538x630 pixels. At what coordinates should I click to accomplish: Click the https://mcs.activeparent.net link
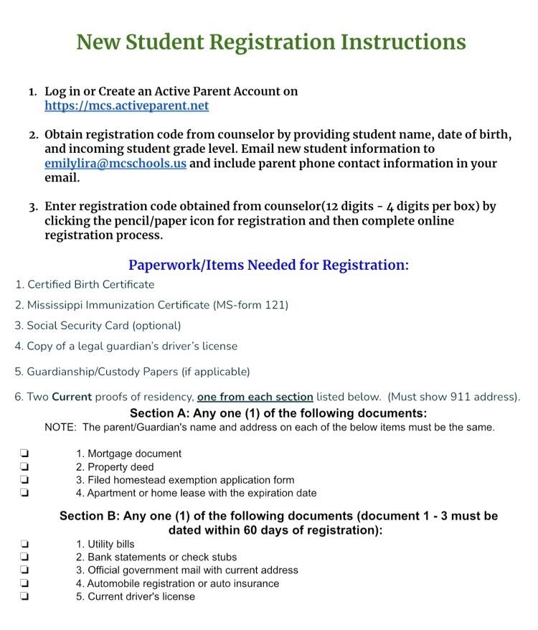point(126,106)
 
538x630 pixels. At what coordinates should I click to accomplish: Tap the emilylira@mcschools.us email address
point(115,164)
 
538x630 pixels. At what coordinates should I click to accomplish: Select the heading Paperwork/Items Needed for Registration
point(268,265)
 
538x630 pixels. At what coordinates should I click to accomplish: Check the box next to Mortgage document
point(24,453)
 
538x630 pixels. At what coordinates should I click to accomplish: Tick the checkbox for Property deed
point(24,467)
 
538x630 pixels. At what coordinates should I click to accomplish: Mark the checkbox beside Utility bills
point(24,545)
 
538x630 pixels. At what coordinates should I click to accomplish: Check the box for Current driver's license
point(24,596)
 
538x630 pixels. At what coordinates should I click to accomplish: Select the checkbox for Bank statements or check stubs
point(24,558)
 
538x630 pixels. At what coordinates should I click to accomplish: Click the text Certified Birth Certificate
point(90,285)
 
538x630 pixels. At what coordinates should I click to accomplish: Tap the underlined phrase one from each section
point(255,397)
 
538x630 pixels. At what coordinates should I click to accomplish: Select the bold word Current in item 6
point(72,397)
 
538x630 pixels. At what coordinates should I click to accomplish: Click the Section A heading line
point(278,413)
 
